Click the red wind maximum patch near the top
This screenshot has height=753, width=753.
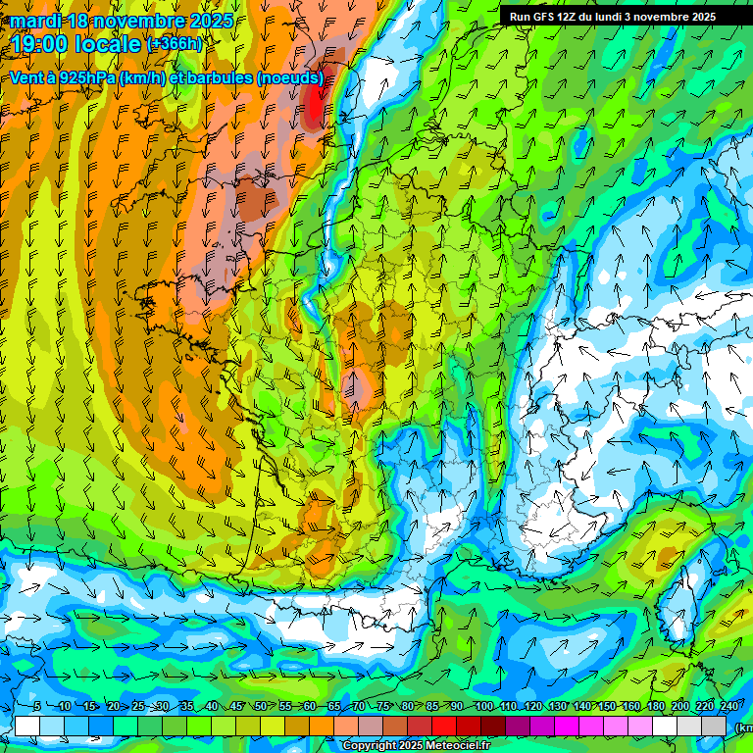point(315,106)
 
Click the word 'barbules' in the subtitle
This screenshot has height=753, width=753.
point(218,78)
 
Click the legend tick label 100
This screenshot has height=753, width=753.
point(483,706)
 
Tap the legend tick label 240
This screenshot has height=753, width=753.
point(728,706)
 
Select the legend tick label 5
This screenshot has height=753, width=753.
point(37,706)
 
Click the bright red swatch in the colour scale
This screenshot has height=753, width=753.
point(444,726)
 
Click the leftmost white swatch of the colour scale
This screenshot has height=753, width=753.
point(27,726)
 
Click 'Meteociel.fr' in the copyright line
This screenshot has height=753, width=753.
point(457,746)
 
